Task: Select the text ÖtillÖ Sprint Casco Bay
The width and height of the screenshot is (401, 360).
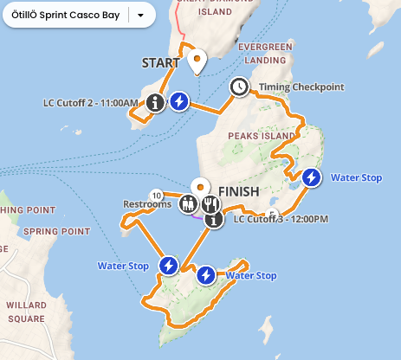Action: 67,15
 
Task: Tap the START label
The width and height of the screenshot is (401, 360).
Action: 160,62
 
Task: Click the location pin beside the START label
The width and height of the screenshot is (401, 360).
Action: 197,61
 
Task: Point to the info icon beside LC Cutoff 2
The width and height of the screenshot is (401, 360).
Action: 155,103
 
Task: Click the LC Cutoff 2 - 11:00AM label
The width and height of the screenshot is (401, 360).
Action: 91,103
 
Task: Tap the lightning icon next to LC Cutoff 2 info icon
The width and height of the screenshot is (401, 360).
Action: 179,102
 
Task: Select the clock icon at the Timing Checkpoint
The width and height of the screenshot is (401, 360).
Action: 239,87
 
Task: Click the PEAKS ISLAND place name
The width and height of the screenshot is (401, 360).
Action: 254,137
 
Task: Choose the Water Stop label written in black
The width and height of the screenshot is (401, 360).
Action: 357,178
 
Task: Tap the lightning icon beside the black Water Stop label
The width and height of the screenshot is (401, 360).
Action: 312,178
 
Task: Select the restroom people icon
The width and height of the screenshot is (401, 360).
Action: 188,205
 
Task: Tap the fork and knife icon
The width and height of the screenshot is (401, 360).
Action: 210,205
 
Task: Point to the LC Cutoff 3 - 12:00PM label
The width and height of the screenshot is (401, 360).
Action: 281,220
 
